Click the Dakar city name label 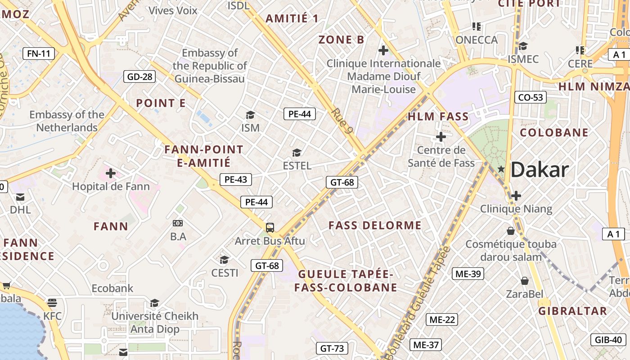(x=540, y=170)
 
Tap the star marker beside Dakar (x=501, y=169)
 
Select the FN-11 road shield (x=39, y=54)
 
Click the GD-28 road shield (x=139, y=76)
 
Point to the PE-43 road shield (x=236, y=180)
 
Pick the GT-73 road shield (x=332, y=348)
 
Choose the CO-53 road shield (x=531, y=97)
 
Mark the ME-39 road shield (x=468, y=274)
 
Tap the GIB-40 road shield (x=608, y=340)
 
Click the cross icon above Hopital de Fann (x=111, y=173)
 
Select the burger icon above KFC (x=52, y=302)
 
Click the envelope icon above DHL (x=20, y=197)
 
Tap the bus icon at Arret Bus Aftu (x=270, y=228)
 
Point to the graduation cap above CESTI (x=224, y=260)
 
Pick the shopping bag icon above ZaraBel (x=524, y=281)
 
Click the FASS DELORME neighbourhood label (x=375, y=225)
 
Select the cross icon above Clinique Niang (x=516, y=196)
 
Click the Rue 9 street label (x=342, y=121)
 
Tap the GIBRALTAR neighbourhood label (x=573, y=311)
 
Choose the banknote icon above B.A (x=178, y=223)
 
